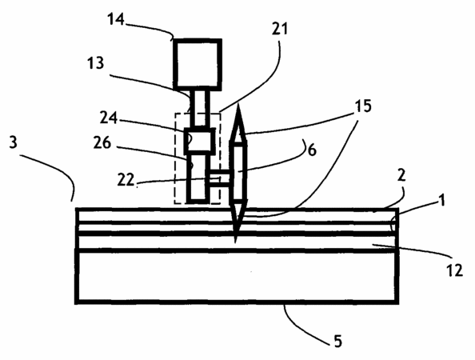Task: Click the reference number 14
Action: pyautogui.click(x=116, y=19)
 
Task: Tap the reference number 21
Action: pyautogui.click(x=279, y=29)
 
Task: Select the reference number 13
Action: pyautogui.click(x=96, y=63)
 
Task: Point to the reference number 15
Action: pyautogui.click(x=363, y=106)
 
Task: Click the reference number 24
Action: pyautogui.click(x=109, y=118)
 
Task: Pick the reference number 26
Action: pyautogui.click(x=102, y=142)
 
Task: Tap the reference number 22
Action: pyautogui.click(x=126, y=180)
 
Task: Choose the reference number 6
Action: pyautogui.click(x=312, y=150)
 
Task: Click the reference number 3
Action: pyautogui.click(x=13, y=142)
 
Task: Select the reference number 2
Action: pyautogui.click(x=401, y=175)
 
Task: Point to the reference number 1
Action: pyautogui.click(x=442, y=200)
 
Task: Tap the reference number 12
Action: pyautogui.click(x=455, y=270)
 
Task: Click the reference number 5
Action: pyautogui.click(x=338, y=341)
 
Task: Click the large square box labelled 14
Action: pyautogui.click(x=198, y=64)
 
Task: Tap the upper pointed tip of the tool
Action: pyautogui.click(x=238, y=104)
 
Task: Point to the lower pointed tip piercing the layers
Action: pyautogui.click(x=235, y=242)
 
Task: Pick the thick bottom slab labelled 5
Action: pyautogui.click(x=237, y=276)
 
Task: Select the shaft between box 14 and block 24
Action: pyautogui.click(x=200, y=109)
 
